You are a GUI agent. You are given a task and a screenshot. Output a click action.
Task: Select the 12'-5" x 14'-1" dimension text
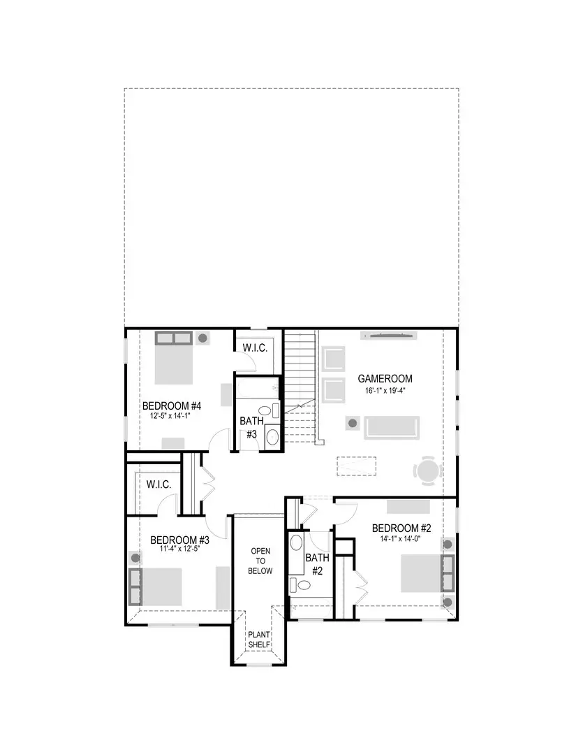click(x=170, y=415)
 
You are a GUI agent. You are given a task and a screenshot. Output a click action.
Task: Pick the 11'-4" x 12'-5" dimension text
click(x=179, y=549)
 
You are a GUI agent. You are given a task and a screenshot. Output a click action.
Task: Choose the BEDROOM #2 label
click(x=401, y=528)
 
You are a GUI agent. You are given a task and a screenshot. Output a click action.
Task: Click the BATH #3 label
click(x=251, y=427)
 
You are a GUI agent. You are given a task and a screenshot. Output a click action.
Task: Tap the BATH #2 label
click(x=317, y=563)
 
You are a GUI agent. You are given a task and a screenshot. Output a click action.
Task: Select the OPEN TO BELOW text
click(x=261, y=561)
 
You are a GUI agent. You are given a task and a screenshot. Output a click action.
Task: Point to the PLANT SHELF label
click(x=258, y=639)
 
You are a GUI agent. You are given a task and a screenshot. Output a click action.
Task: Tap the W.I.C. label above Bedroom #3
click(x=158, y=484)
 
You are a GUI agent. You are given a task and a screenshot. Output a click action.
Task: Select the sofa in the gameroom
click(x=391, y=426)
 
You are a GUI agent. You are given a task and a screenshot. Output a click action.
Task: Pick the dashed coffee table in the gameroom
click(x=356, y=465)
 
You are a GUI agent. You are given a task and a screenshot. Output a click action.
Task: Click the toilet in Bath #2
click(x=300, y=584)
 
